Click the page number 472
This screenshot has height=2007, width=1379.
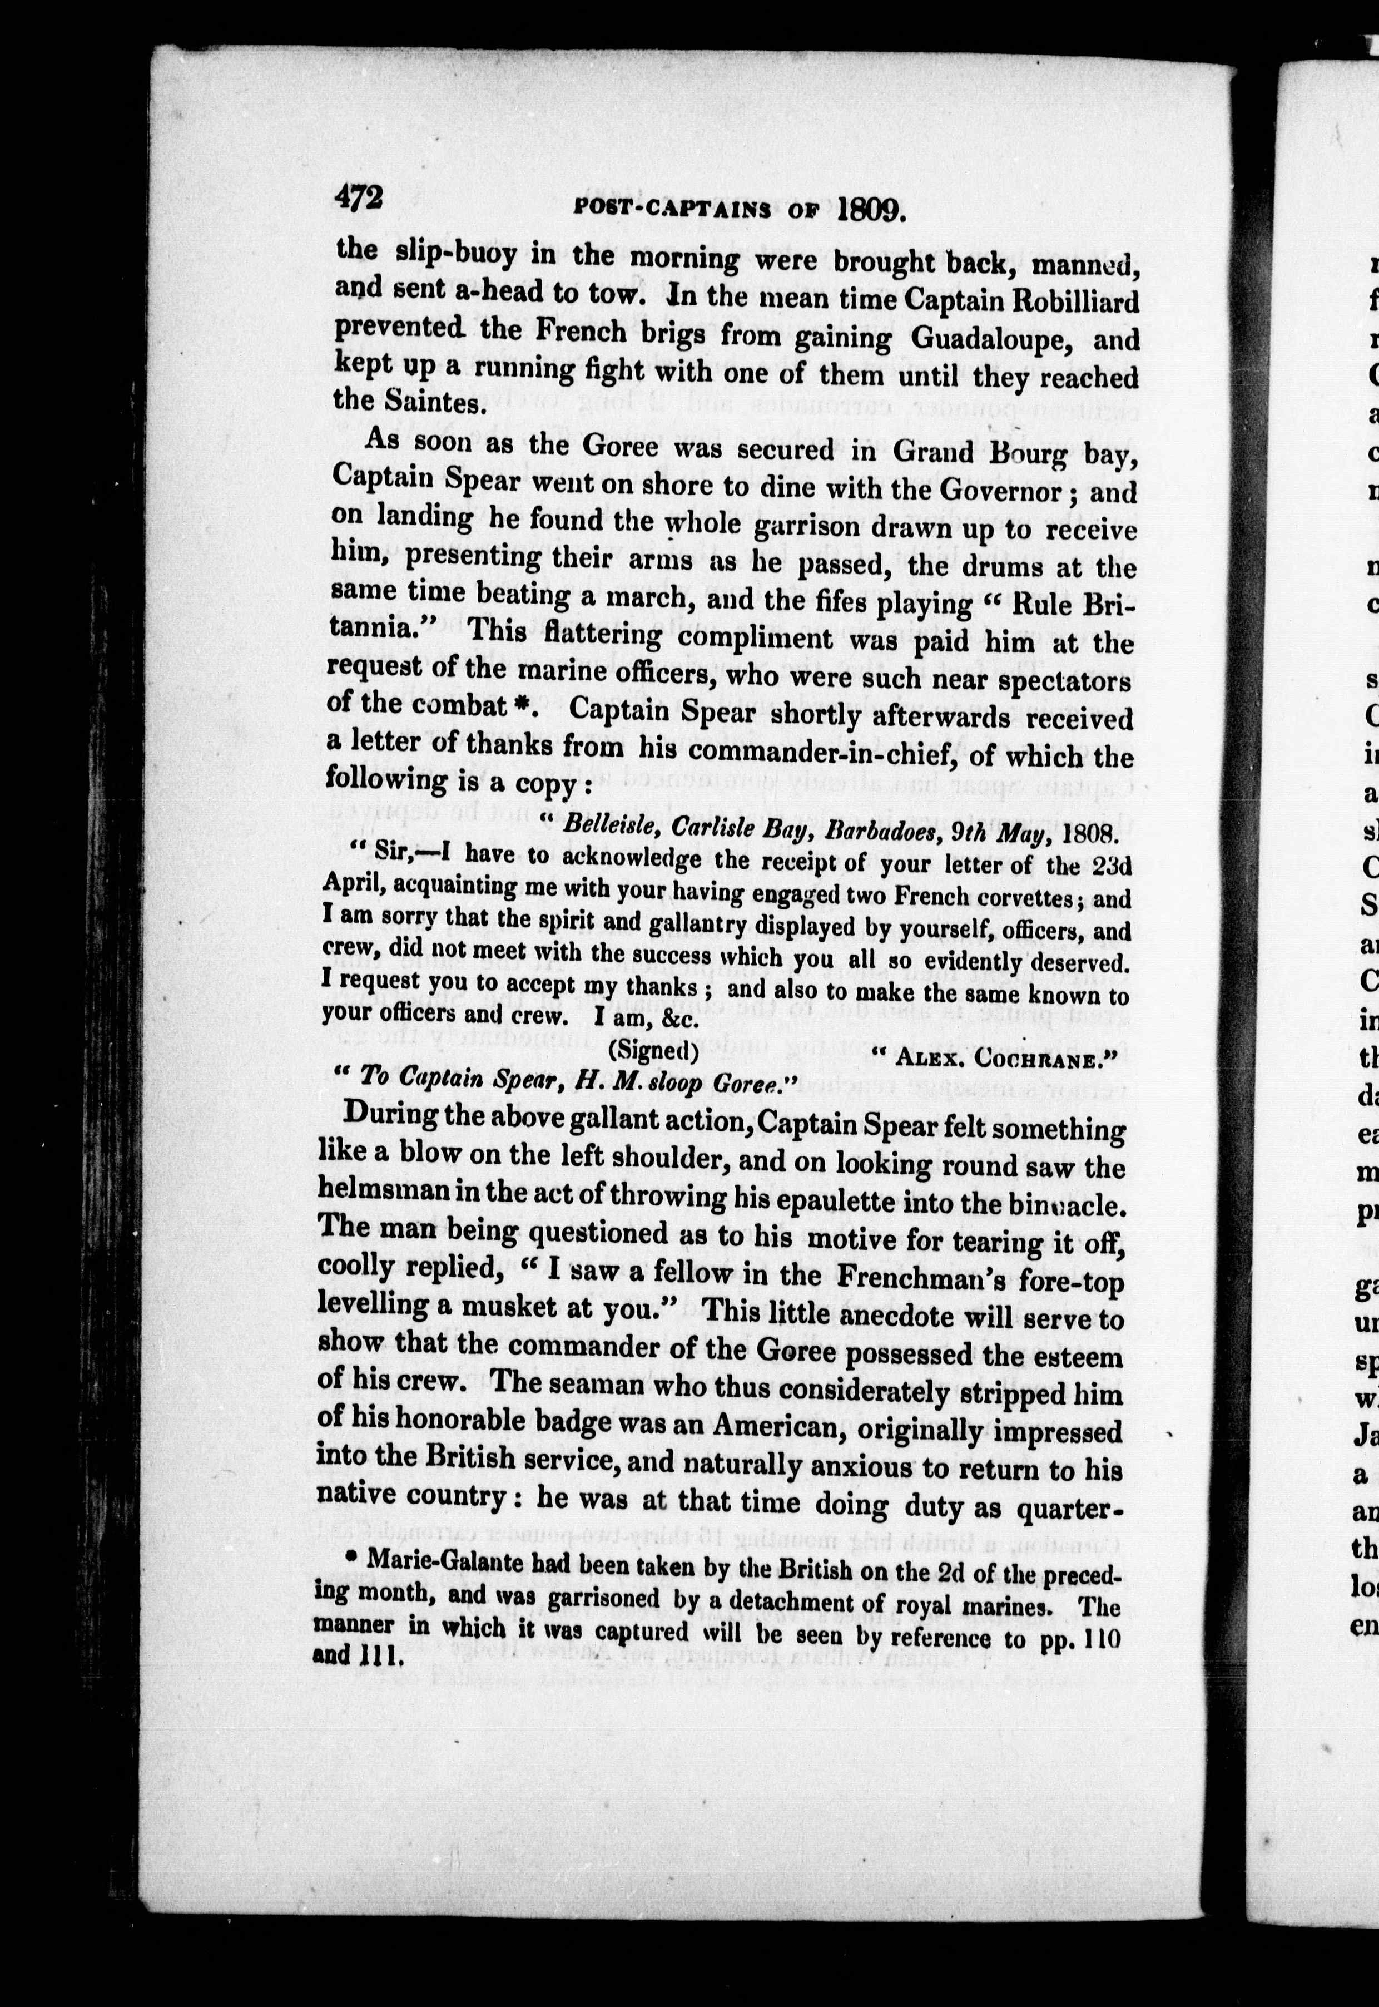[x=359, y=200]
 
